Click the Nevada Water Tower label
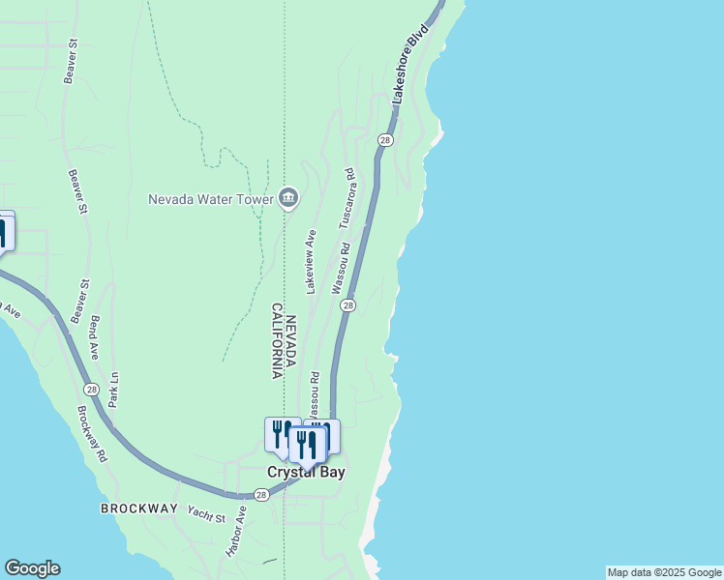(210, 200)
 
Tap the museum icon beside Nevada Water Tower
(288, 199)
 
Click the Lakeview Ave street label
(311, 262)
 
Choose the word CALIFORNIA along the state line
(277, 340)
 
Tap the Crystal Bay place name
(306, 473)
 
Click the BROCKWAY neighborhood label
(138, 508)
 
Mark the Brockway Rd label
(93, 430)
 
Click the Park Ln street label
(113, 389)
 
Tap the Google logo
(32, 568)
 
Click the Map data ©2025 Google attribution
(664, 572)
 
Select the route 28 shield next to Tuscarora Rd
(385, 140)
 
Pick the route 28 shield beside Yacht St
(260, 495)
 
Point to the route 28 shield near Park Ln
(91, 390)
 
